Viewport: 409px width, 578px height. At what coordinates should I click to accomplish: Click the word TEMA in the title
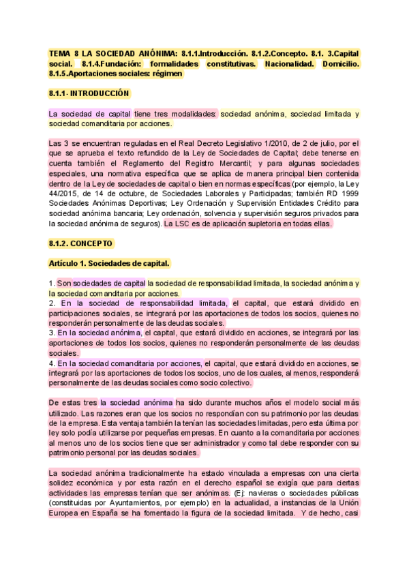pyautogui.click(x=61, y=53)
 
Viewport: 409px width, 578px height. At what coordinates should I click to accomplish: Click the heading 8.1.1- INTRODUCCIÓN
pyautogui.click(x=89, y=93)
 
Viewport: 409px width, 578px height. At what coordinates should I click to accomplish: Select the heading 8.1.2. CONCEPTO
pyautogui.click(x=81, y=243)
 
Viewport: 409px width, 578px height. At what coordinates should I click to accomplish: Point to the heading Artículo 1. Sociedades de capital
pyautogui.click(x=109, y=263)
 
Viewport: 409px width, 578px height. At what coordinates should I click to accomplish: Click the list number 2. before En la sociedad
pyautogui.click(x=52, y=303)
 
